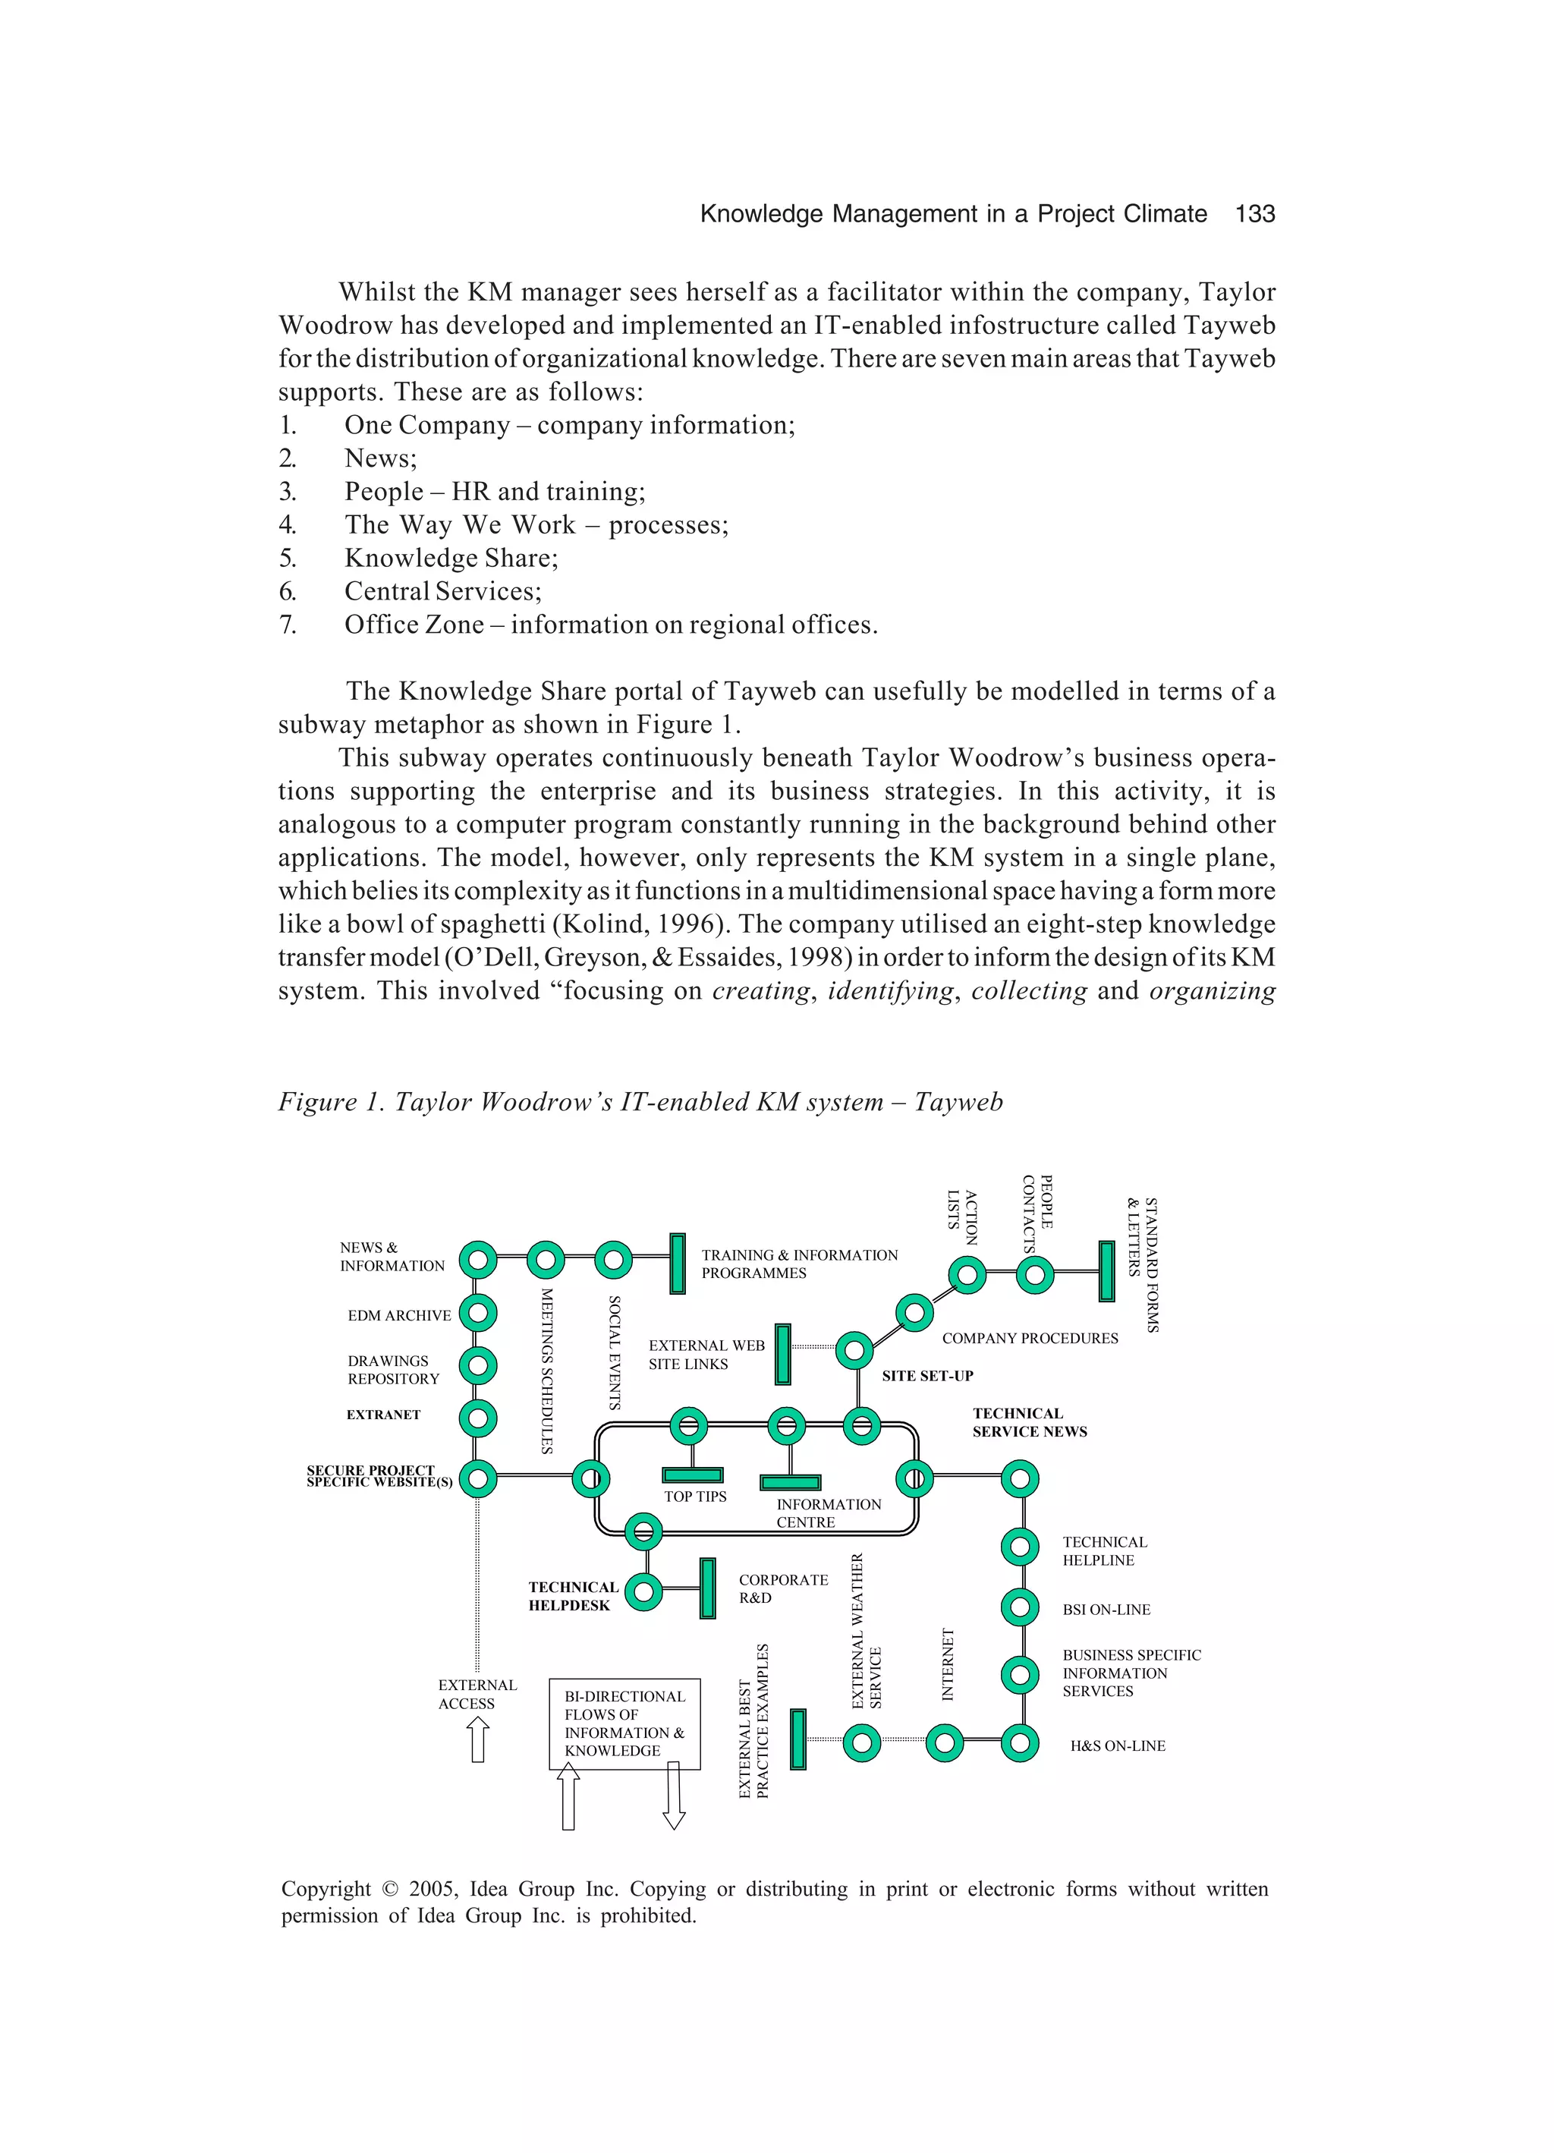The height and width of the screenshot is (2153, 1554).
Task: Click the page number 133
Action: point(1254,215)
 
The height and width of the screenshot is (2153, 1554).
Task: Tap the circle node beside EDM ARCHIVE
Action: point(477,1314)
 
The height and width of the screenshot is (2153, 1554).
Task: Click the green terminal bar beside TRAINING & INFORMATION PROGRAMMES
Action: point(677,1263)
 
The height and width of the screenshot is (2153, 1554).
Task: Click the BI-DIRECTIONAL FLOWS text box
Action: point(624,1723)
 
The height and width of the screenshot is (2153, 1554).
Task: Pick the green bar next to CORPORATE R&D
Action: point(707,1588)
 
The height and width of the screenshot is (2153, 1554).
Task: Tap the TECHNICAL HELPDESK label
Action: point(572,1596)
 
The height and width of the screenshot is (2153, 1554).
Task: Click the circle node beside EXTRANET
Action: point(477,1418)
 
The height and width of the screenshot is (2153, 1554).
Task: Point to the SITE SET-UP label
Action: point(927,1376)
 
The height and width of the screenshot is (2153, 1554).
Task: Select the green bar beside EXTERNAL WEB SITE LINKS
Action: point(782,1355)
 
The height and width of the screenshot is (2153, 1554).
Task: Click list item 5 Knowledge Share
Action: point(451,559)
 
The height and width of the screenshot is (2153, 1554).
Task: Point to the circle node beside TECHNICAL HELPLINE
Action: point(1020,1547)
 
